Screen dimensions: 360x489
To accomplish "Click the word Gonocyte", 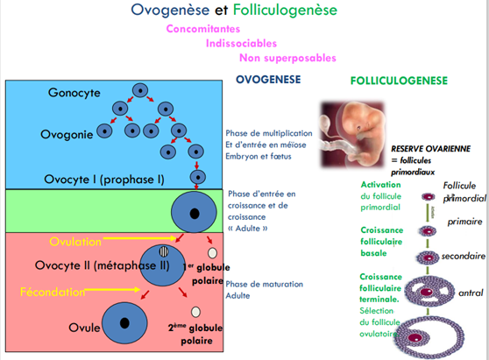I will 75,92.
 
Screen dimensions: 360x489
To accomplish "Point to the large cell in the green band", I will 192,212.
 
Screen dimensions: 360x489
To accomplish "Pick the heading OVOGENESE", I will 268,80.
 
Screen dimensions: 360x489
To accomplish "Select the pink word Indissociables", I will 242,43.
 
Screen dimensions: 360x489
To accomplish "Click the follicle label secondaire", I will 463,258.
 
